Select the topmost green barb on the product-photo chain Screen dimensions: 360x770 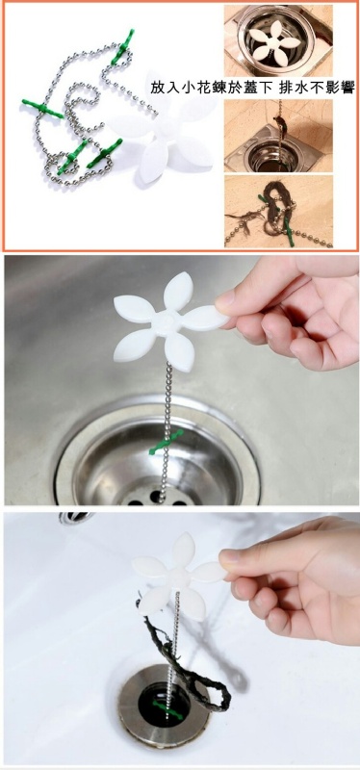pyautogui.click(x=122, y=47)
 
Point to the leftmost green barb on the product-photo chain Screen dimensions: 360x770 pyautogui.click(x=42, y=109)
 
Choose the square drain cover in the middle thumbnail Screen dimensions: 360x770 pyautogui.click(x=272, y=148)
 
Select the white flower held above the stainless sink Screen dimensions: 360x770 pyautogui.click(x=170, y=322)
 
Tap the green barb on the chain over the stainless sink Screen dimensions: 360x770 pyautogui.click(x=167, y=442)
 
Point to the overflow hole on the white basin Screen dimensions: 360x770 pyautogui.click(x=75, y=517)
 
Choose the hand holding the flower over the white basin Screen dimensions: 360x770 pyautogui.click(x=295, y=579)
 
